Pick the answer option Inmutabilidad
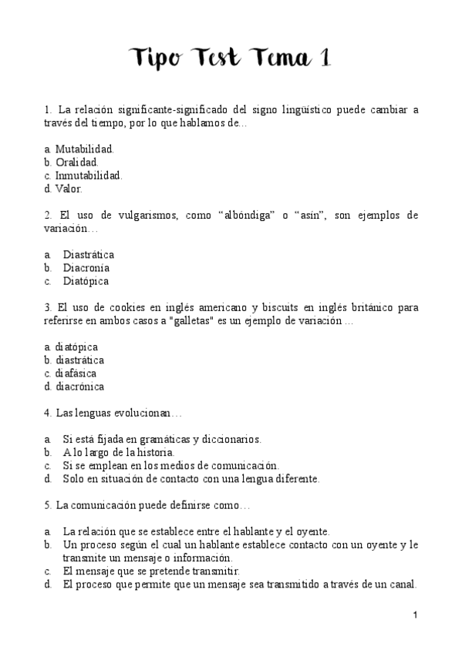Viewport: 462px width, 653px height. click(88, 175)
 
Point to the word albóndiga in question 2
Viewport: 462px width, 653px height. click(251, 215)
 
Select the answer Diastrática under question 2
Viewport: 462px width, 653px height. click(88, 254)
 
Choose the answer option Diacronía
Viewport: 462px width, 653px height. click(86, 268)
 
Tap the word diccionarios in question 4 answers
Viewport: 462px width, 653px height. click(231, 440)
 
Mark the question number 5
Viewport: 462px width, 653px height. click(48, 506)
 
